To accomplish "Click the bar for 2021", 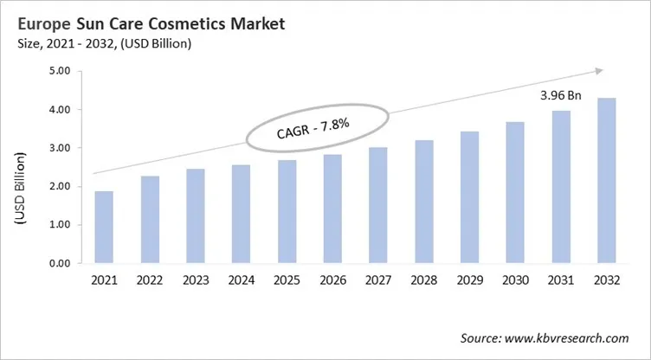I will pos(104,227).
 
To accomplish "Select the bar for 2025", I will pos(287,211).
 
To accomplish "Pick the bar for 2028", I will pos(425,202).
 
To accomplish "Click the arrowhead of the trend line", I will pos(598,73).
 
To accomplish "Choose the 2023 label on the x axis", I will pos(196,281).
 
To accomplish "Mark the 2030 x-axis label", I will pos(517,281).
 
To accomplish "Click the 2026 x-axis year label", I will pos(333,281).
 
